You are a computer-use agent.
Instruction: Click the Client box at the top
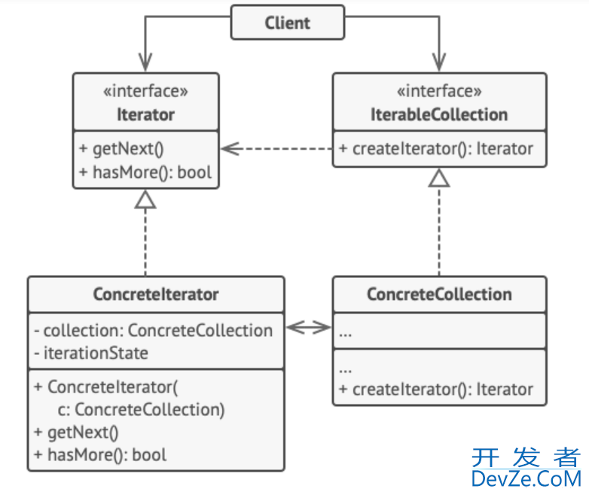[287, 23]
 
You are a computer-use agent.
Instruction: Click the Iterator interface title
[145, 115]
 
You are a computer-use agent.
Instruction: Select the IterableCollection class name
[440, 115]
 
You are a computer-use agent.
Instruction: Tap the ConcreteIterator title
[156, 295]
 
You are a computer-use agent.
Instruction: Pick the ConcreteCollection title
[439, 295]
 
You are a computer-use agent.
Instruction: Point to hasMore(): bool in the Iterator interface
[145, 172]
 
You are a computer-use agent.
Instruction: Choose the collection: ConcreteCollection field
[153, 330]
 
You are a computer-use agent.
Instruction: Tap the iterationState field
[91, 353]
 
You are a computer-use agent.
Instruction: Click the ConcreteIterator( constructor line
[105, 387]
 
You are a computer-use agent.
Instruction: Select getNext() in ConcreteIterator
[76, 432]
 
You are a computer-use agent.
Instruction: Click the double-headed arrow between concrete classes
[310, 327]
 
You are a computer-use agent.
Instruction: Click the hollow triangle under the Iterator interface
[145, 199]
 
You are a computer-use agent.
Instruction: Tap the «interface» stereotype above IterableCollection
[440, 92]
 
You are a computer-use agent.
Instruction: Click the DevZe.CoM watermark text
[526, 477]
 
